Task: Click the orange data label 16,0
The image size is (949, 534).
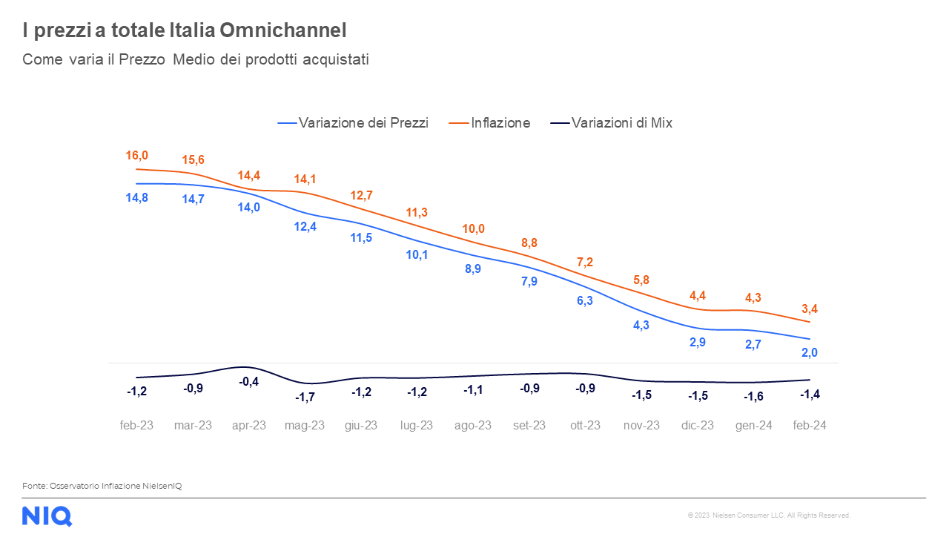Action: click(x=136, y=155)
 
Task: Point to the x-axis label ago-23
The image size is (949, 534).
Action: click(x=473, y=426)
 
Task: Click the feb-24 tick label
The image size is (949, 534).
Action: click(x=810, y=426)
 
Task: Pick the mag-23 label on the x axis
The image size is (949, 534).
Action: click(x=305, y=426)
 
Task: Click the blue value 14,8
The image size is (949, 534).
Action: click(x=136, y=197)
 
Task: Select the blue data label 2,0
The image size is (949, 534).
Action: click(x=810, y=352)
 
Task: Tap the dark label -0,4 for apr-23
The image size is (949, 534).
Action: click(x=249, y=381)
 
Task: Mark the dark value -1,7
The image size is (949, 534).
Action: click(x=305, y=398)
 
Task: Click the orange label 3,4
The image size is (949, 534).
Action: click(x=810, y=309)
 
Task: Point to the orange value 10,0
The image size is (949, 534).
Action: click(x=473, y=228)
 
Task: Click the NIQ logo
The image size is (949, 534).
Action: click(x=47, y=515)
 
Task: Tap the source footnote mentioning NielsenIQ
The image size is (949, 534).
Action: click(x=102, y=486)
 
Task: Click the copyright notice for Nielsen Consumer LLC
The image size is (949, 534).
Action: click(x=769, y=515)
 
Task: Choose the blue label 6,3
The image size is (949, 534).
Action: click(x=585, y=300)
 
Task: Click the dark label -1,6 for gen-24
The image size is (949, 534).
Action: click(x=753, y=397)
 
